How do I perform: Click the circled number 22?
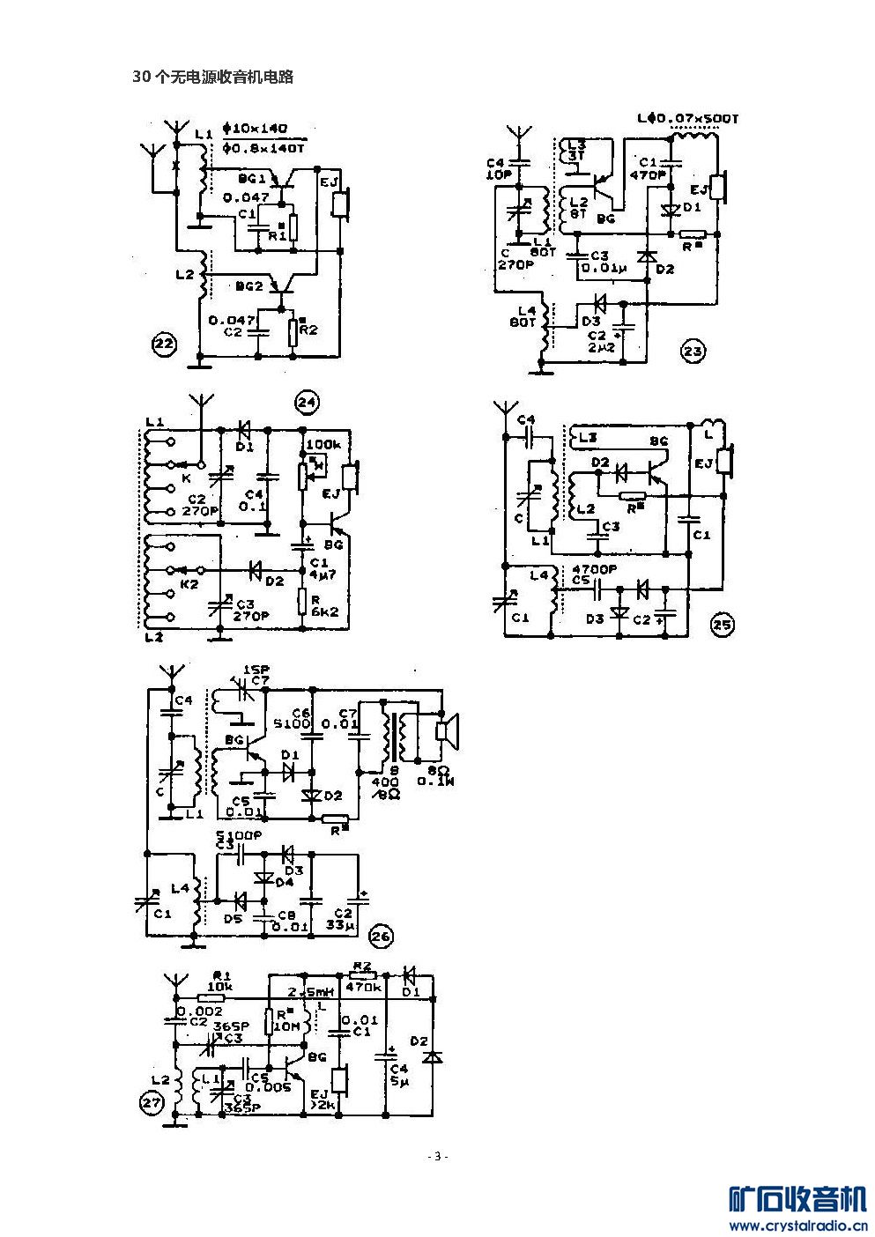pyautogui.click(x=163, y=344)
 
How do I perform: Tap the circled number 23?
pyautogui.click(x=693, y=352)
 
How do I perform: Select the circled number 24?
pyautogui.click(x=307, y=403)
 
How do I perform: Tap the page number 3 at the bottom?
pyautogui.click(x=437, y=1156)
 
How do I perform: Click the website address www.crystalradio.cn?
pyautogui.click(x=797, y=1225)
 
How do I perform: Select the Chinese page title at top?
pyautogui.click(x=212, y=78)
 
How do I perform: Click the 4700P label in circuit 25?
pyautogui.click(x=591, y=568)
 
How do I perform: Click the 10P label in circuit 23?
pyautogui.click(x=499, y=174)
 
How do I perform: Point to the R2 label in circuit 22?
pyautogui.click(x=308, y=330)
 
